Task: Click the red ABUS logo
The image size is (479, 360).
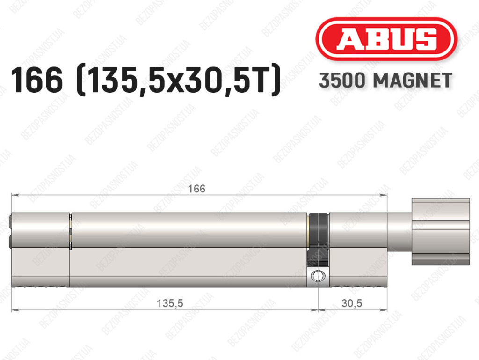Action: (386, 39)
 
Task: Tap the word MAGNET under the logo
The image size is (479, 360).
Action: (413, 81)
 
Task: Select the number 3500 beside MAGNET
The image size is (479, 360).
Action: (342, 81)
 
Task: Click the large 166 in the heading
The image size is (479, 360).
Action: (37, 80)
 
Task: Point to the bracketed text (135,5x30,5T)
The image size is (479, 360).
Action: (179, 80)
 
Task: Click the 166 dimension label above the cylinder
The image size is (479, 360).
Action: (196, 189)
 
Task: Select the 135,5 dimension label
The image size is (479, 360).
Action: (170, 303)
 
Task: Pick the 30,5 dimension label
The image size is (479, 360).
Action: (352, 303)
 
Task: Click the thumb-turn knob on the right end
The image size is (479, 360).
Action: (441, 232)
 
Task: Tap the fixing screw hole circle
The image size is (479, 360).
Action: (318, 276)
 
